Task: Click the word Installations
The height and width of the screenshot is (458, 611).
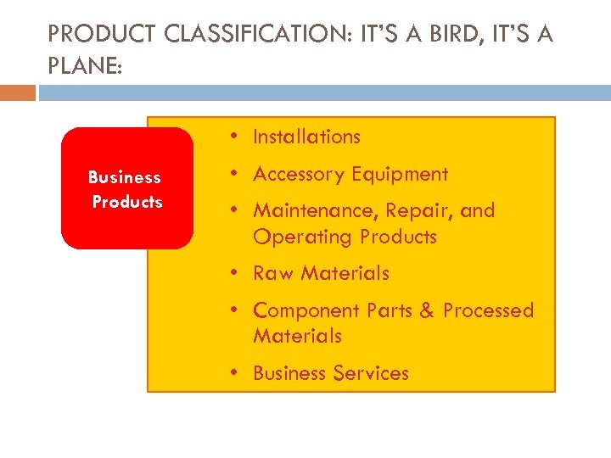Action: pos(306,137)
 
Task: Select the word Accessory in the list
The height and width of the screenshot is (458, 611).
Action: pos(295,175)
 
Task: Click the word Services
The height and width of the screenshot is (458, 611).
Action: pos(370,373)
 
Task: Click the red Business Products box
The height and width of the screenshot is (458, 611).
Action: pos(126,188)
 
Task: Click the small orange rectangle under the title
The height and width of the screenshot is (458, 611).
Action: pos(18,92)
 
